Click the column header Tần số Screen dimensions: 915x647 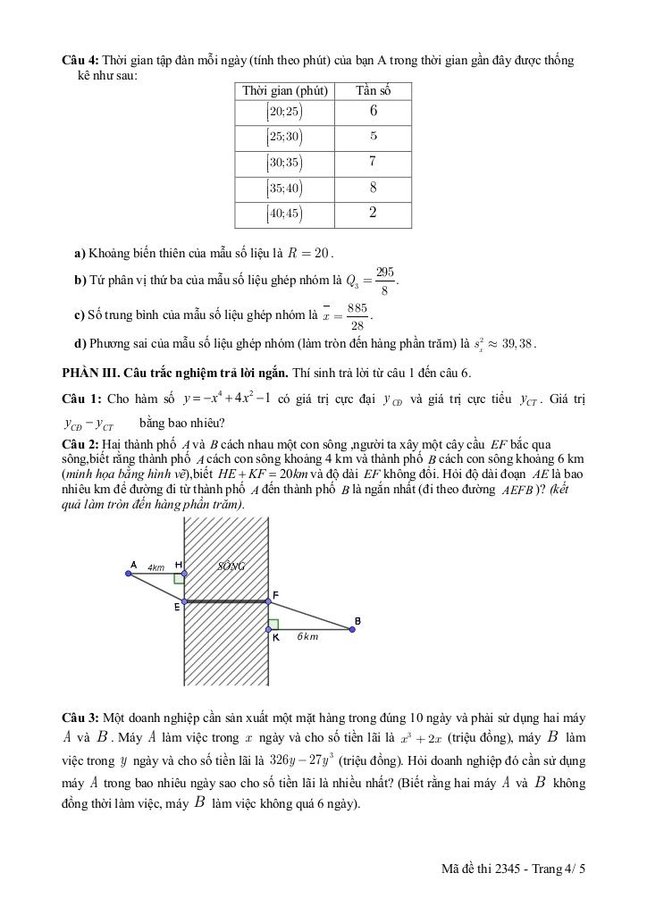pyautogui.click(x=372, y=90)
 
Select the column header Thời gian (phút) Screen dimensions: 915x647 pyautogui.click(x=285, y=90)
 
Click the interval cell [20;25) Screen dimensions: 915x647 pyautogui.click(x=284, y=112)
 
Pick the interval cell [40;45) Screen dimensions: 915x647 pyautogui.click(x=284, y=214)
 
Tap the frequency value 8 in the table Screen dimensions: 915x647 pyautogui.click(x=373, y=188)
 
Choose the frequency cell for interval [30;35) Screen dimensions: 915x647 pyautogui.click(x=373, y=162)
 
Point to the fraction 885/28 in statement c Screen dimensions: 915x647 pyautogui.click(x=357, y=316)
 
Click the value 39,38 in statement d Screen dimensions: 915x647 pyautogui.click(x=516, y=343)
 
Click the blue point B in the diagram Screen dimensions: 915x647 pyautogui.click(x=352, y=630)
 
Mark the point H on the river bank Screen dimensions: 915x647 pyautogui.click(x=183, y=574)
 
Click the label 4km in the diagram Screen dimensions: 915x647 pyautogui.click(x=156, y=567)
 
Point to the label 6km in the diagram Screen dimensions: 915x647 pyautogui.click(x=307, y=637)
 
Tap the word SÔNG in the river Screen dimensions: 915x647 pyautogui.click(x=231, y=567)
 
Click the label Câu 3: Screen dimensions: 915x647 pyautogui.click(x=80, y=718)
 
